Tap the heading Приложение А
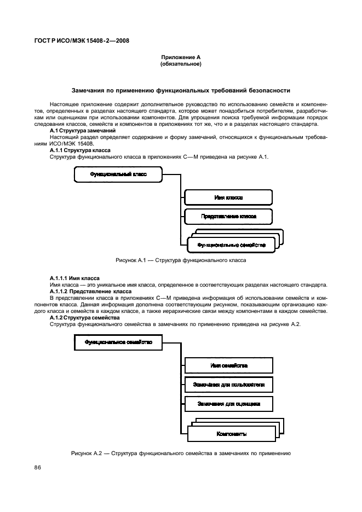point(180,57)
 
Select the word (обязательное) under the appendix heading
point(180,64)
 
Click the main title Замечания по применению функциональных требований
point(181,90)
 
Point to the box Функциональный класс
point(118,174)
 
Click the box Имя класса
point(228,197)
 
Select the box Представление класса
point(228,217)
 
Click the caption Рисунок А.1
point(180,260)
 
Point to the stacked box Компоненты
point(231,434)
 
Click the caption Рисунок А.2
point(180,453)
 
